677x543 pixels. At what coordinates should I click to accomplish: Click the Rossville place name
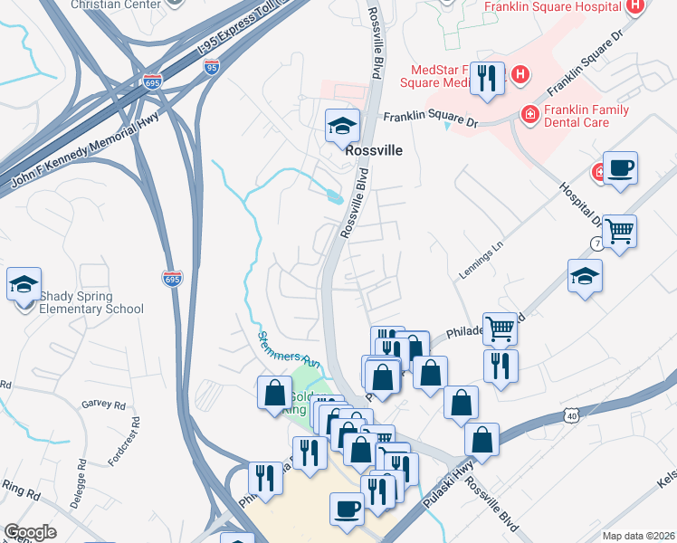click(x=373, y=153)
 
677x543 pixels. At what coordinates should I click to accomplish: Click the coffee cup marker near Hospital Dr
click(x=620, y=169)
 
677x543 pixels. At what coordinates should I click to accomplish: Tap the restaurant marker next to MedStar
click(x=488, y=80)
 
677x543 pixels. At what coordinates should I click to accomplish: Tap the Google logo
click(x=30, y=532)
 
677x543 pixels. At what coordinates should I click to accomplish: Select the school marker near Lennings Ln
click(x=585, y=277)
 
